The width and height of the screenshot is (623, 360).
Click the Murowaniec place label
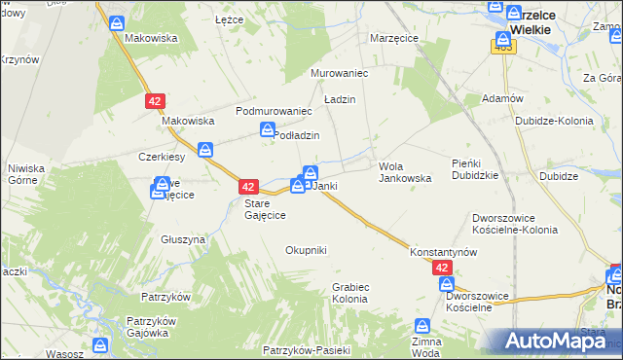337,73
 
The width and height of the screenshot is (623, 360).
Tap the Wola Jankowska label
404,172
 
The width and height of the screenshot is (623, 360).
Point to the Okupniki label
306,250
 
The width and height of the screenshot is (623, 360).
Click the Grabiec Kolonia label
349,293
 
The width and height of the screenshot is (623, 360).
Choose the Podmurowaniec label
273,111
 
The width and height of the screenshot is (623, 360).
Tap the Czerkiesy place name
162,157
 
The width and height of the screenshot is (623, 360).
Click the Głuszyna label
184,238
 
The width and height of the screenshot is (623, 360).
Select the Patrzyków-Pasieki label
305,348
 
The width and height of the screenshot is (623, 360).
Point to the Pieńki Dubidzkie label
475,168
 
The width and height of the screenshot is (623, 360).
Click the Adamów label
502,99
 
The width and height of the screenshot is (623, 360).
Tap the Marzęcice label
394,38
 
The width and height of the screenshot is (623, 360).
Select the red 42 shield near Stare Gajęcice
248,186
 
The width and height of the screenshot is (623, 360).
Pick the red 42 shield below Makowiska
155,100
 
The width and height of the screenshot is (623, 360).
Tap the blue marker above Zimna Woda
422,326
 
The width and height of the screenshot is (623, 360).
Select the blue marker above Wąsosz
100,344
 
